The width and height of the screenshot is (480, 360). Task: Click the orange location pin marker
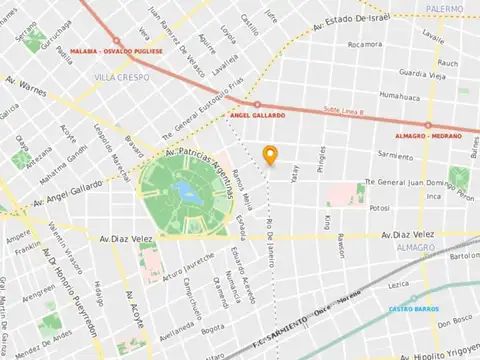[x=268, y=154]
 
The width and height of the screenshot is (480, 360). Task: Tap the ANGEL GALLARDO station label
[x=258, y=116]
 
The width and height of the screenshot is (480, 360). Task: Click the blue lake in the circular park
[x=184, y=190]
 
